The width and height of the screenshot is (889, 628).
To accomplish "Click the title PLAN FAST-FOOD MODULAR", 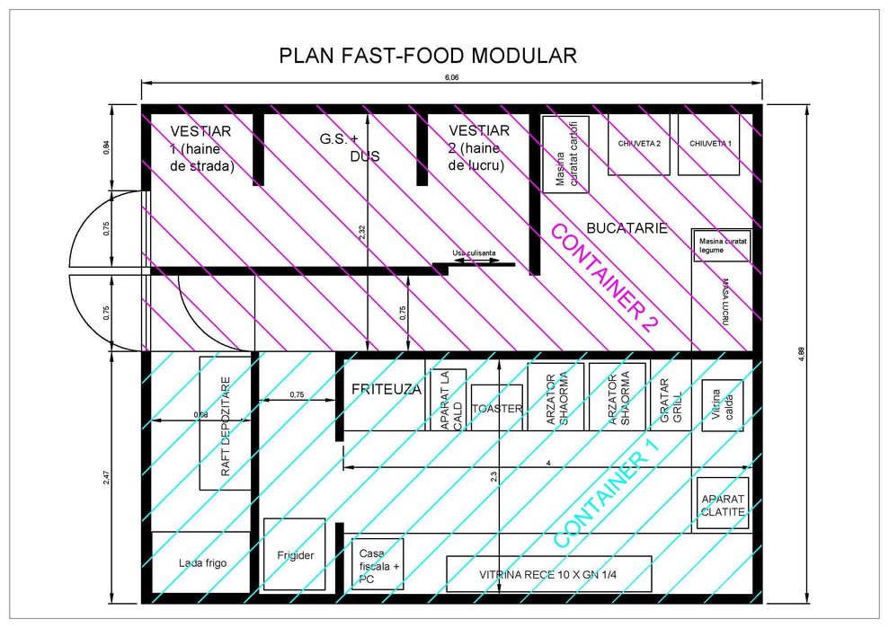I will tap(427, 56).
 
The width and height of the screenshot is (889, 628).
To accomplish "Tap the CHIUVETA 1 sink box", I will tap(708, 144).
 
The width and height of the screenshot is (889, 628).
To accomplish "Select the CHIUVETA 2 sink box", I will tap(638, 144).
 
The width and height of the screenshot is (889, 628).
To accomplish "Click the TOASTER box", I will tap(496, 408).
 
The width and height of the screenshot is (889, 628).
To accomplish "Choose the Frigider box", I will tap(293, 554).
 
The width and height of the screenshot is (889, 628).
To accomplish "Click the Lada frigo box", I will tap(201, 562).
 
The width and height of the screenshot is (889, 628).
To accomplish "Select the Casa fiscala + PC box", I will tap(377, 564).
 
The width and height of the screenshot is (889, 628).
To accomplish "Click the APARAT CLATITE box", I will tap(723, 504).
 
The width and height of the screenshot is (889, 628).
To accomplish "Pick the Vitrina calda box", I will tap(722, 405).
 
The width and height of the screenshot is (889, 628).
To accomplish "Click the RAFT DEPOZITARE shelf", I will tap(225, 423).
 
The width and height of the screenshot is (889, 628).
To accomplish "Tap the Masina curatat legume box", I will tap(721, 245).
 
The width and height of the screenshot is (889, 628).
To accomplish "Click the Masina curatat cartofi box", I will tap(565, 155).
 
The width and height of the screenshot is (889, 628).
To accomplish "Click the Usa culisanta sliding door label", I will tap(474, 254).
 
